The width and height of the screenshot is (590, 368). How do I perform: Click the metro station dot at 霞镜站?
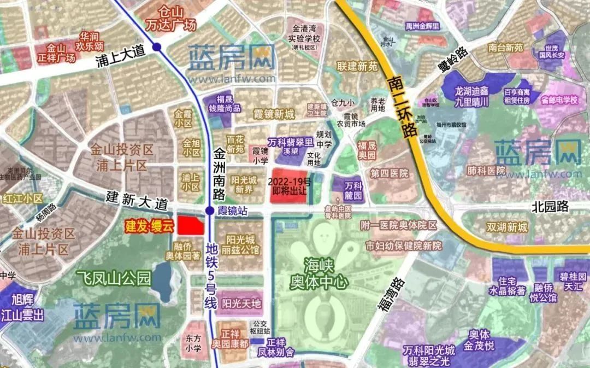(210, 211)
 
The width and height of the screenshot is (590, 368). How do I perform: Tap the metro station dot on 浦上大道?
(157, 47)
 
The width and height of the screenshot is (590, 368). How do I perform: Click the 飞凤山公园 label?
(113, 278)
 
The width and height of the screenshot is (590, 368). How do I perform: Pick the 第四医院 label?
(389, 173)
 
